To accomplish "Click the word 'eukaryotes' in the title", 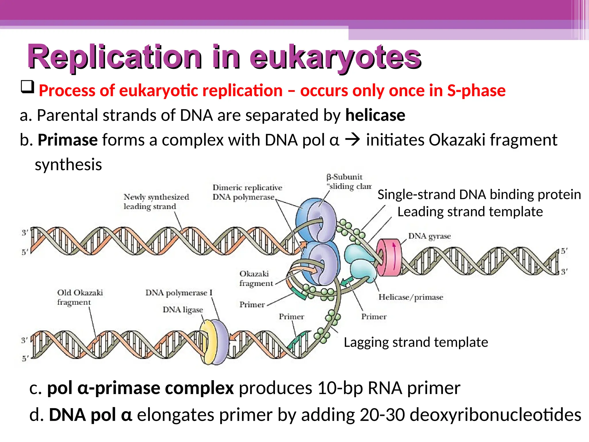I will [335, 58].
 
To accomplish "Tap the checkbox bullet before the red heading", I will [28, 87].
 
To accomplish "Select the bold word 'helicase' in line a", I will [375, 115].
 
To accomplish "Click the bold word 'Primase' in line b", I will [68, 140].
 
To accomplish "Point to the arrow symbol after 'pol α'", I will [353, 140].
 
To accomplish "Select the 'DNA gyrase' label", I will [429, 236].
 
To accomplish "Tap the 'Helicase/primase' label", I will [411, 297].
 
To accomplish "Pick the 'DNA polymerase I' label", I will [179, 293].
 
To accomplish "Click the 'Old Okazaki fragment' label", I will [80, 297].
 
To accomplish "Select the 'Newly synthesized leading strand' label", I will [156, 201].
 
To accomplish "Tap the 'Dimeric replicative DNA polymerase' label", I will [247, 192].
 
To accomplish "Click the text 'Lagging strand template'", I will [416, 342].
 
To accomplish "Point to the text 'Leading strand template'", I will [470, 212].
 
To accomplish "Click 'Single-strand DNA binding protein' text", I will [479, 195].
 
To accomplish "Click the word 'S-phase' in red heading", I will [476, 91].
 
